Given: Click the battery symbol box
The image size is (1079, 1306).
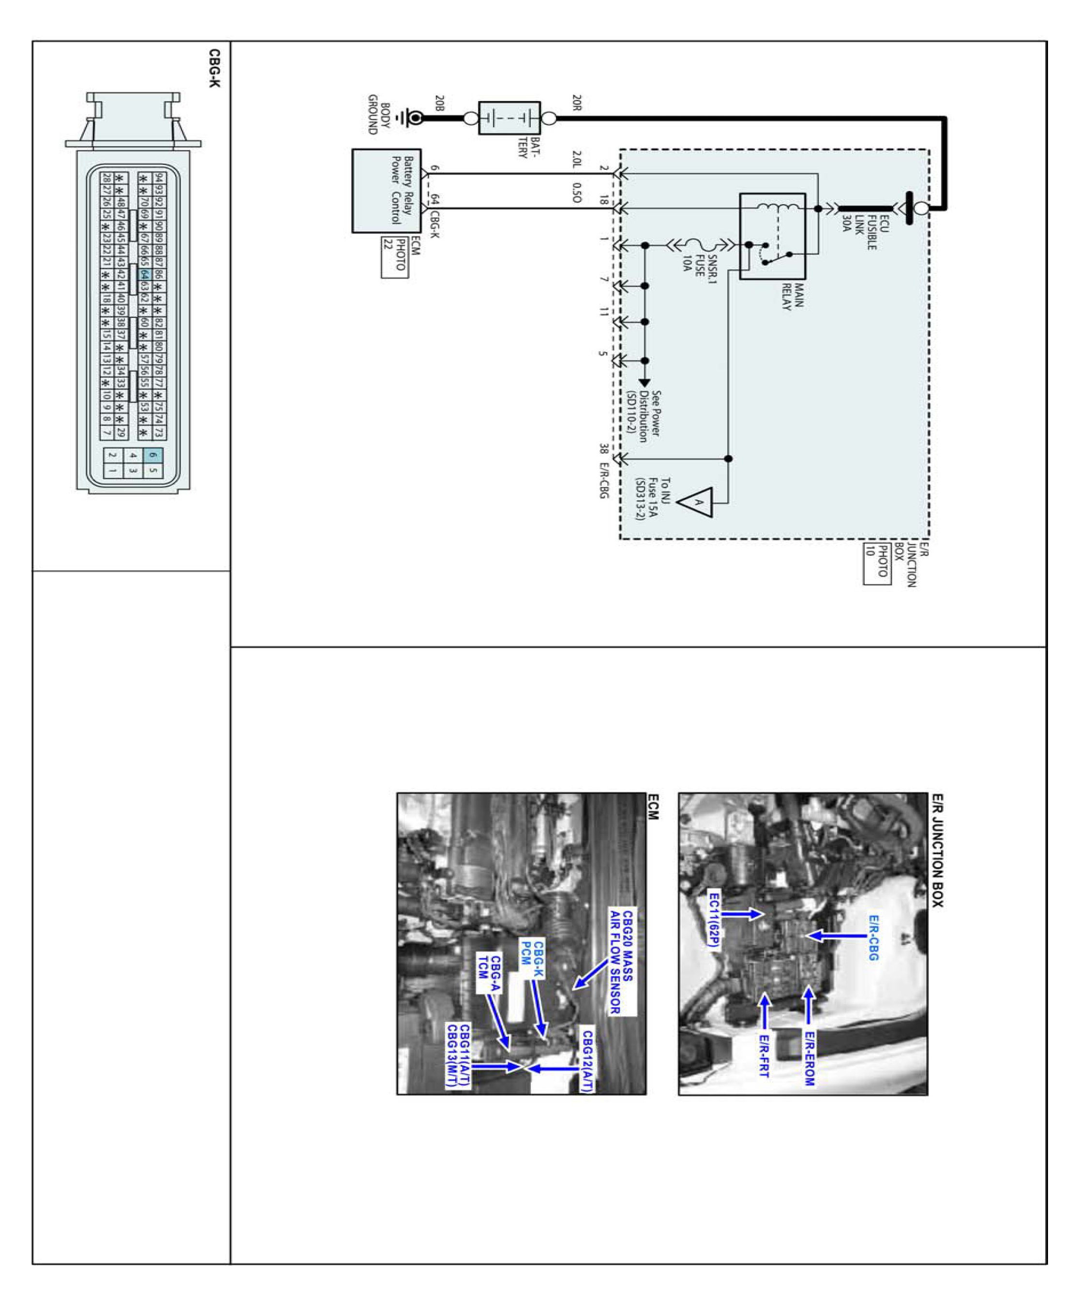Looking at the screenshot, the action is pos(509,118).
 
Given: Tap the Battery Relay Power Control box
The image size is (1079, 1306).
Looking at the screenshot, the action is pos(386,191).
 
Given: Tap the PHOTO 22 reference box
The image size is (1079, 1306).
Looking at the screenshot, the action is pos(394,257).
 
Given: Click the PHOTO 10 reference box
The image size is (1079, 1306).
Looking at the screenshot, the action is pos(876,564).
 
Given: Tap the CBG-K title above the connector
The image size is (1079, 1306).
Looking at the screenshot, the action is pos(214,68).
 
